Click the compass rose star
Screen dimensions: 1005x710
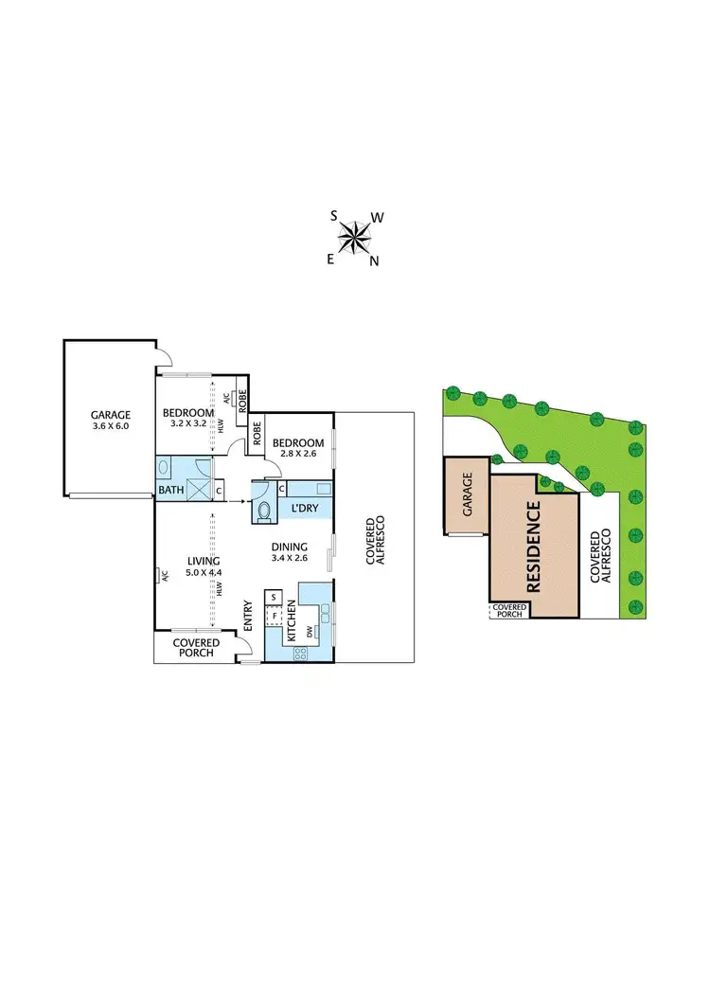coord(356,238)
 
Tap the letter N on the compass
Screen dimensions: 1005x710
coord(374,262)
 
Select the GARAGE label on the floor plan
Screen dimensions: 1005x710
coord(111,414)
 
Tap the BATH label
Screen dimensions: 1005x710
coord(171,490)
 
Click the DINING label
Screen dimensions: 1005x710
coord(289,547)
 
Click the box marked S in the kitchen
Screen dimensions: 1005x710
coord(274,598)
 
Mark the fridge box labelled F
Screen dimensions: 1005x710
coord(274,616)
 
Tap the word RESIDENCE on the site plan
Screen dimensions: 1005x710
coord(533,547)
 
